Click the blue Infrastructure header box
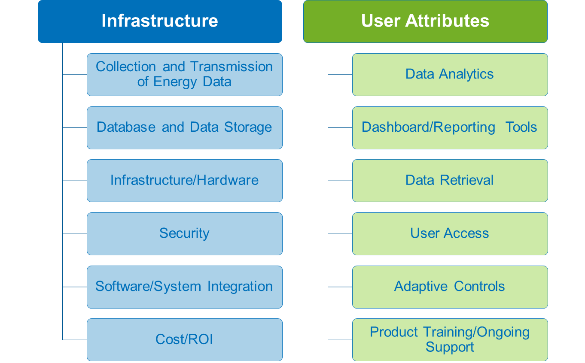160,21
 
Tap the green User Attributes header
425,21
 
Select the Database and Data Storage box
185,127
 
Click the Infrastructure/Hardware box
185,181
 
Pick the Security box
185,234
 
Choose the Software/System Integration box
185,287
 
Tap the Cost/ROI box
185,340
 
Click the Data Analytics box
450,75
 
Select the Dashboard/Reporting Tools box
450,127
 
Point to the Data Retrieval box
450,181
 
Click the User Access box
450,234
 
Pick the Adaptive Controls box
450,287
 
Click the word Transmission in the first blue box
232,67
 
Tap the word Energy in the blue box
175,82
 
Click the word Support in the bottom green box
450,348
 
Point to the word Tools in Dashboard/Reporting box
521,127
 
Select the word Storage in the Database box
248,128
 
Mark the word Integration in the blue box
240,287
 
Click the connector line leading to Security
75,234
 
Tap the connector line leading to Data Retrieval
340,181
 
